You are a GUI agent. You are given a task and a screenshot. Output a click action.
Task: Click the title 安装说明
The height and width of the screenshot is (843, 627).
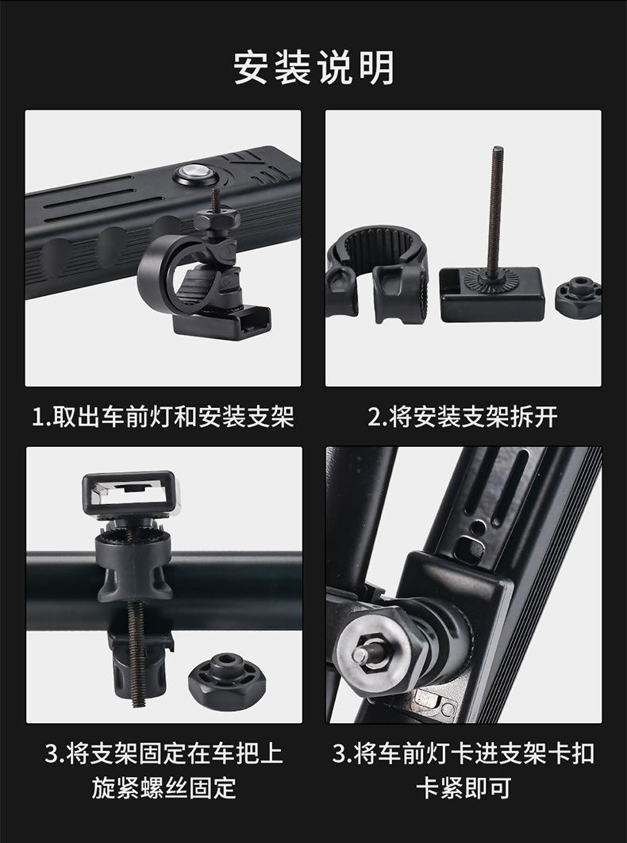click(x=313, y=67)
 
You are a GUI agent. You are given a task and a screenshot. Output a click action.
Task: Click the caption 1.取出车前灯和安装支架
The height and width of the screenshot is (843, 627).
click(x=163, y=416)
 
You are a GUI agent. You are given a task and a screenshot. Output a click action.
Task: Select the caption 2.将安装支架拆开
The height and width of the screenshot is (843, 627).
click(x=463, y=416)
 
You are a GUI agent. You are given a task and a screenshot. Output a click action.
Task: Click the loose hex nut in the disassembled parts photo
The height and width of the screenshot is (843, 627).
click(x=578, y=297)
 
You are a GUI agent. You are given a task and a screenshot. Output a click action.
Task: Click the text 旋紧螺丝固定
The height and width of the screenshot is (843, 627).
click(x=163, y=787)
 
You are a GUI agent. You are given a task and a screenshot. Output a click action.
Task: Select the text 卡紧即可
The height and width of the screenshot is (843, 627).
click(x=464, y=787)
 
